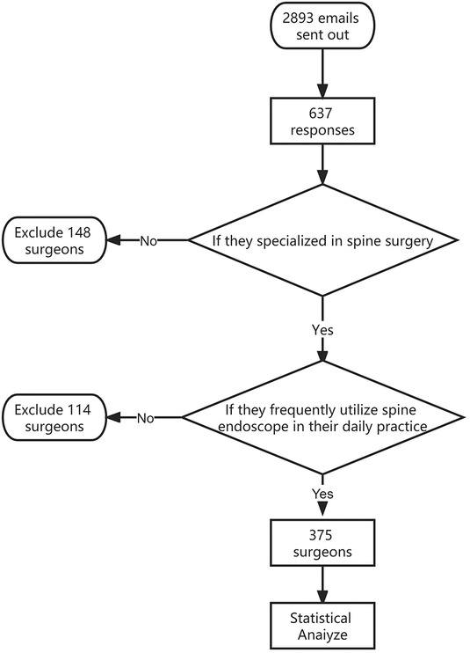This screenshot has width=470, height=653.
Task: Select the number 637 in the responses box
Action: click(321, 113)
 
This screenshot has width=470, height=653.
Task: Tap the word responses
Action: click(322, 130)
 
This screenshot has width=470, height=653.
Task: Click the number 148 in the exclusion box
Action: click(79, 232)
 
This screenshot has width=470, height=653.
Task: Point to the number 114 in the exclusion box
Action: click(79, 410)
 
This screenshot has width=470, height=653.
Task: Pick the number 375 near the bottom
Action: click(321, 535)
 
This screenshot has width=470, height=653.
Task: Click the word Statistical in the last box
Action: click(321, 618)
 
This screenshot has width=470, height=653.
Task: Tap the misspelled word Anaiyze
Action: click(322, 635)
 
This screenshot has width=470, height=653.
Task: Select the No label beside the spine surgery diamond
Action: click(148, 241)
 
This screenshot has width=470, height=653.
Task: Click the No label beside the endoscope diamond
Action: click(146, 418)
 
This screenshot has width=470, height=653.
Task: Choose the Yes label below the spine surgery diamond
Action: click(322, 330)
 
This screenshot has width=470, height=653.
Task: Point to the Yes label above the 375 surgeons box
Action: click(322, 494)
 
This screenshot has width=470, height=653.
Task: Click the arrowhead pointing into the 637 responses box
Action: click(322, 91)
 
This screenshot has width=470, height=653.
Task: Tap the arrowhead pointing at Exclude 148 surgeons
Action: click(113, 240)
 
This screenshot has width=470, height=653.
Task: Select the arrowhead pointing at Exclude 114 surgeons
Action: click(113, 418)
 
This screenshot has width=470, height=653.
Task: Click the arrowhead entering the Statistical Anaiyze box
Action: click(322, 595)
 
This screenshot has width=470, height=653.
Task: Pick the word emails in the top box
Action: click(338, 18)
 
